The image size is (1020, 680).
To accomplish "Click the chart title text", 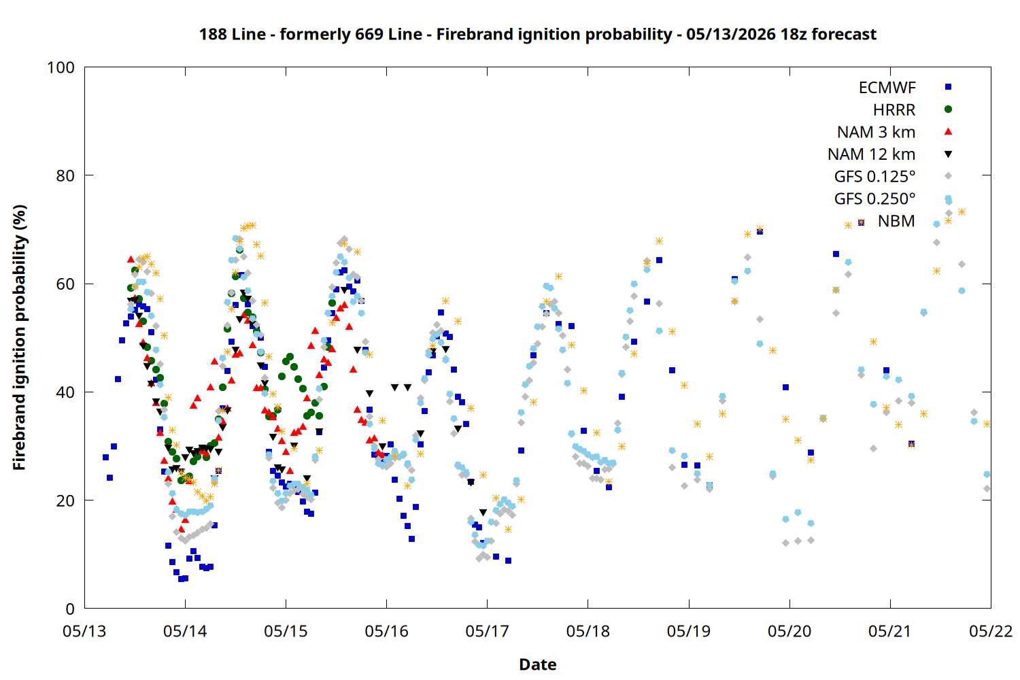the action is coord(538,35).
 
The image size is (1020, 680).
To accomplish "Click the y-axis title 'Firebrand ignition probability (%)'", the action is coord(19,337).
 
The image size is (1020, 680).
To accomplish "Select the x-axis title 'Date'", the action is coord(538,664).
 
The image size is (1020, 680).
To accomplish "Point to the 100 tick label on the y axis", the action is coord(61,68).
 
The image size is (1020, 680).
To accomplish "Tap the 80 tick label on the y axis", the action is coord(65,176).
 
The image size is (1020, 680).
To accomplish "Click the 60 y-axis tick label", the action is coord(65,284).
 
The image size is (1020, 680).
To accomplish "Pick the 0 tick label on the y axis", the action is coord(69,609).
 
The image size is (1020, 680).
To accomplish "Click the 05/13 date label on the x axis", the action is coord(84,631).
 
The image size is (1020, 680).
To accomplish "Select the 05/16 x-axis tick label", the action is coord(387,631).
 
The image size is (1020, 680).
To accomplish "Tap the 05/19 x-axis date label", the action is coord(688,631).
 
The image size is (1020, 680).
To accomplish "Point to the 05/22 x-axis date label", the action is coord(991,631).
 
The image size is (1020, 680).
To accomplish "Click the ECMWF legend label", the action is coord(887,88).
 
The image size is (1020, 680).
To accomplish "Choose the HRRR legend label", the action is coord(894,109).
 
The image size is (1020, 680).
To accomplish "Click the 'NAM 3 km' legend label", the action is coord(876,132).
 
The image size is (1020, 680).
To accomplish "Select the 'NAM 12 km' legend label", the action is coord(872,154).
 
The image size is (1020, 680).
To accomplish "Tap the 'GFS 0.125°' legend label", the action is coord(874,176).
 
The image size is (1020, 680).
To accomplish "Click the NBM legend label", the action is coord(896,221).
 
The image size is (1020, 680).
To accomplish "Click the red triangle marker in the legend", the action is coord(948,132).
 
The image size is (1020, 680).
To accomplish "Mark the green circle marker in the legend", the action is coord(948,109).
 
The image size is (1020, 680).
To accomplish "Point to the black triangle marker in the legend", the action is coord(948,154).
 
